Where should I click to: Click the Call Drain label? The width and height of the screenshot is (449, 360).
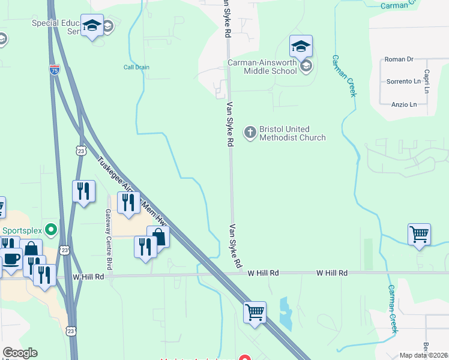[136, 67]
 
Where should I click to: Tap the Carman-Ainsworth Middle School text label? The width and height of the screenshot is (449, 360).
[262, 67]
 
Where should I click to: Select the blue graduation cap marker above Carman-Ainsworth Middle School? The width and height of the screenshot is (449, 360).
[301, 46]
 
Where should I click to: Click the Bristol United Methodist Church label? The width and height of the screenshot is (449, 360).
[292, 133]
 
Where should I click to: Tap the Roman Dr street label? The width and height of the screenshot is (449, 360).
[399, 59]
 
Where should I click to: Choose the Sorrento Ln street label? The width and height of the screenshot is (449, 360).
[402, 81]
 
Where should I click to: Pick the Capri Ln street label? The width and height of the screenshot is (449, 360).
[427, 81]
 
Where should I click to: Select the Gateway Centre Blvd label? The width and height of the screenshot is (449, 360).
[109, 239]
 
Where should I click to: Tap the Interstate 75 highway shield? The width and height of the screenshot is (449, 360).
[55, 70]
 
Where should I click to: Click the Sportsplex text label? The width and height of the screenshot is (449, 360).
[22, 230]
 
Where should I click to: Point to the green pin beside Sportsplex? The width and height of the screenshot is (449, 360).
[51, 229]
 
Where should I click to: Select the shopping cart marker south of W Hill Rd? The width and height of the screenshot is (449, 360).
[255, 312]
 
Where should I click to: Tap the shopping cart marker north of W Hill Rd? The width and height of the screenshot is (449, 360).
[419, 234]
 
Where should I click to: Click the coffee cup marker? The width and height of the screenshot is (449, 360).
[11, 259]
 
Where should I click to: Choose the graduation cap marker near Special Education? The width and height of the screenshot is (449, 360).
[92, 25]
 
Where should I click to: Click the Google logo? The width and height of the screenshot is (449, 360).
[20, 353]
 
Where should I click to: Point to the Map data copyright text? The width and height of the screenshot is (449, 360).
[424, 355]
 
